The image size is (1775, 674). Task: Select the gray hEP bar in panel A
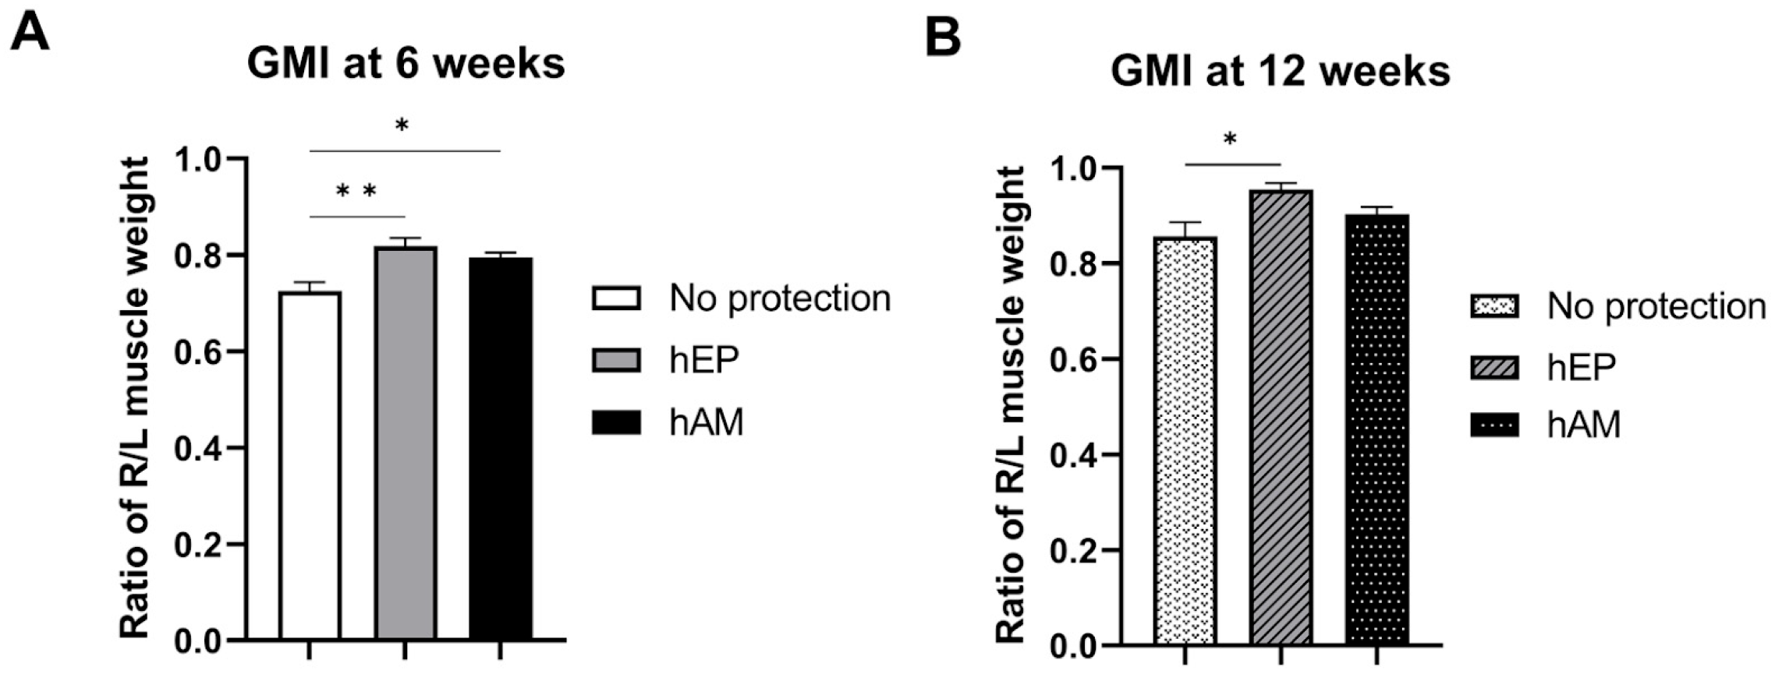[405, 444]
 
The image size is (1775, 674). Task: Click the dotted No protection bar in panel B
[1185, 441]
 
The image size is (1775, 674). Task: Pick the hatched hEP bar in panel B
[1281, 418]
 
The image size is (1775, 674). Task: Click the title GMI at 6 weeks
[406, 63]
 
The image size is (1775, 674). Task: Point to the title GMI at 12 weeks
[1280, 72]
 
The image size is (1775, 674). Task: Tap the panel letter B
[942, 36]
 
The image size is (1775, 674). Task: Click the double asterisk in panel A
[356, 192]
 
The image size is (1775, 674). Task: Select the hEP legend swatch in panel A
[616, 360]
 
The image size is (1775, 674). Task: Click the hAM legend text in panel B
[1584, 425]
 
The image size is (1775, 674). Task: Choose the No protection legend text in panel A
[779, 298]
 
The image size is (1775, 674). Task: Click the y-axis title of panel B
[1012, 405]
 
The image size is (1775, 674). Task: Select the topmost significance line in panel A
[405, 151]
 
